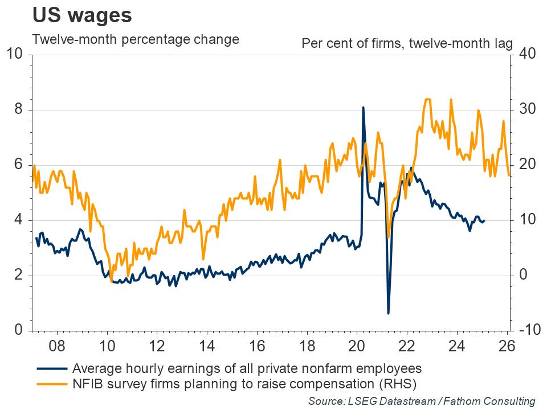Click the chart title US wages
tap(82, 15)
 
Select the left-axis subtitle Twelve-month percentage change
tap(136, 40)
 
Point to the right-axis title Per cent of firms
tap(407, 43)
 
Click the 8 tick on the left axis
tap(18, 110)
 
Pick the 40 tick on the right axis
tap(524, 55)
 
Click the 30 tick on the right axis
tap(524, 110)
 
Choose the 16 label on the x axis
tap(257, 345)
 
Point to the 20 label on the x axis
tap(357, 345)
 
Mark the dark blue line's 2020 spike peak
tap(363, 108)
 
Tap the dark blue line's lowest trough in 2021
tap(388, 313)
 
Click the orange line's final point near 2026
tap(508, 175)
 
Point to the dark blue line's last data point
tap(484, 221)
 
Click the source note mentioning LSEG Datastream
tap(422, 401)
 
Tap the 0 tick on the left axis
tap(18, 331)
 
